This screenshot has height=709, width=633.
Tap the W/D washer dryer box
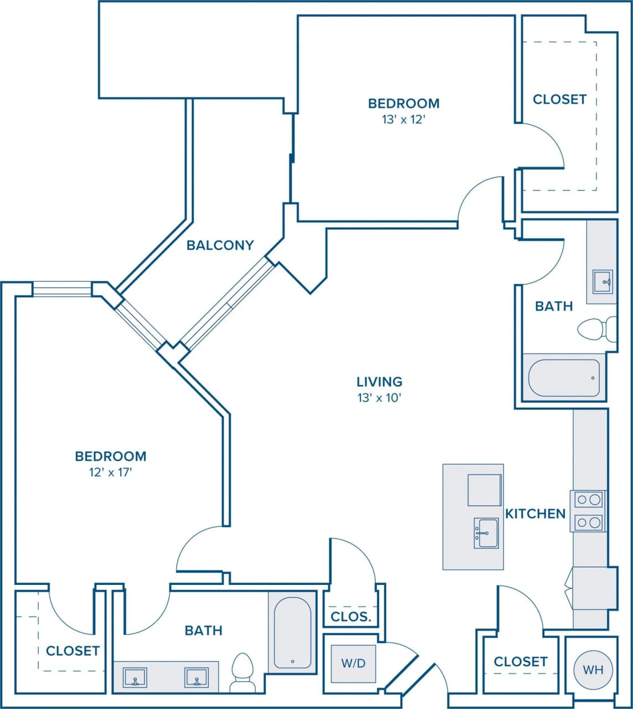tap(353, 664)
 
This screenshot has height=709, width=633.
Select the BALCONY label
tap(220, 245)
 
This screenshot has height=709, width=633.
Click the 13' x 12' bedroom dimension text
tap(403, 119)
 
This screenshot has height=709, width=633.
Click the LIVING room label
tap(379, 381)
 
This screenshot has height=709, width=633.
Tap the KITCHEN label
tap(535, 513)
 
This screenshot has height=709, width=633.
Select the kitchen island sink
tap(486, 533)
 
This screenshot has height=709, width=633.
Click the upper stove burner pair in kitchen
tap(588, 500)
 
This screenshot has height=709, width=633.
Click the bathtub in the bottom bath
tap(292, 632)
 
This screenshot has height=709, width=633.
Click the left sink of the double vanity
tap(135, 677)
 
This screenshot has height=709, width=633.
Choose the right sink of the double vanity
tap(197, 677)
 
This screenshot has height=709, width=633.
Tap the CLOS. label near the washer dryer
tap(351, 616)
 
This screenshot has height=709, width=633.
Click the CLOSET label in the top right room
tap(559, 99)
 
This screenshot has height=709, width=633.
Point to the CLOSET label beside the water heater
tap(520, 661)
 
